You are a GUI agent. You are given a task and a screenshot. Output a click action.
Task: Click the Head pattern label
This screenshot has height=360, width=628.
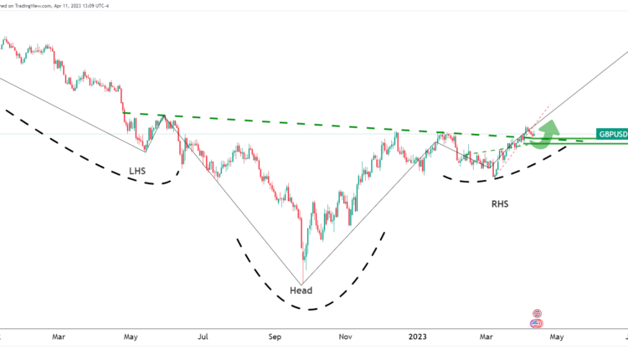coord(301,291)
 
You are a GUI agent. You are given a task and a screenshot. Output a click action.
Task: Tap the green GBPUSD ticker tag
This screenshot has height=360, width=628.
coord(610,134)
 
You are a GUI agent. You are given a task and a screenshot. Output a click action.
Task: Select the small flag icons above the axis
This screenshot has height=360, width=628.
coord(537,318)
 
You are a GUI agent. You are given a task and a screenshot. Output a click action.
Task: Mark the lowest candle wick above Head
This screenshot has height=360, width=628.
coord(302,276)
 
